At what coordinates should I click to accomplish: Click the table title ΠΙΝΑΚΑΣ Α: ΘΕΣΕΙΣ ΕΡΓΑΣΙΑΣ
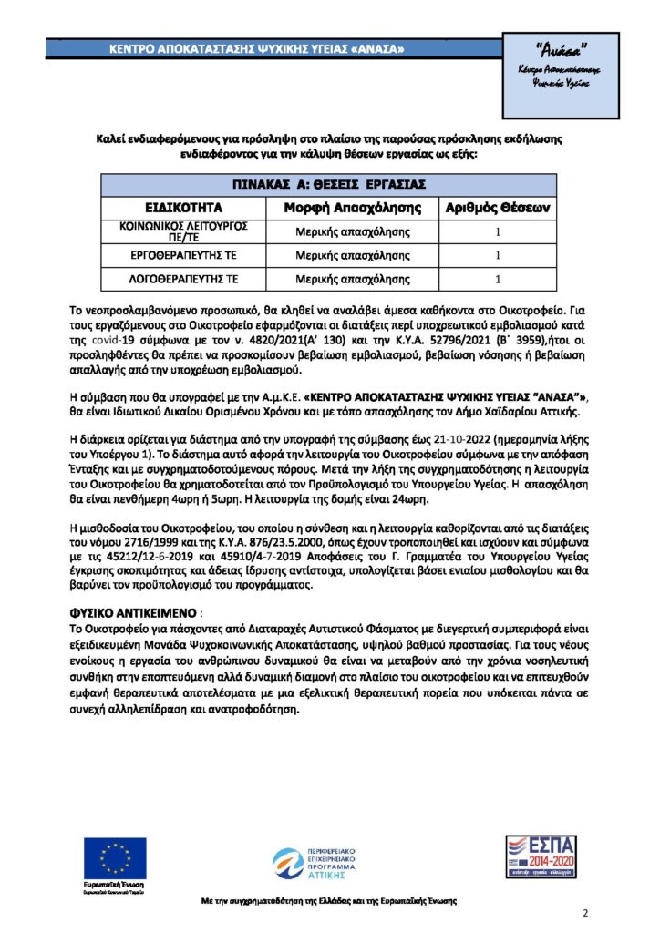pos(329,183)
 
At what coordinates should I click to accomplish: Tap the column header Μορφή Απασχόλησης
pos(352,207)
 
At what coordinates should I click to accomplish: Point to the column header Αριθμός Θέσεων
pos(497,207)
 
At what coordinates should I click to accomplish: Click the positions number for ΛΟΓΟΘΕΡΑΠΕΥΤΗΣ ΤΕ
pos(498,279)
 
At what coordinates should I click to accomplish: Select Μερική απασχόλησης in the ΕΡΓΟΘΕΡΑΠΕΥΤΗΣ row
pos(352,255)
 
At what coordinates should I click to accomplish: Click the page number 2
pos(585,913)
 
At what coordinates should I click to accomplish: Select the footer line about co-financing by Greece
pos(329,900)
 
